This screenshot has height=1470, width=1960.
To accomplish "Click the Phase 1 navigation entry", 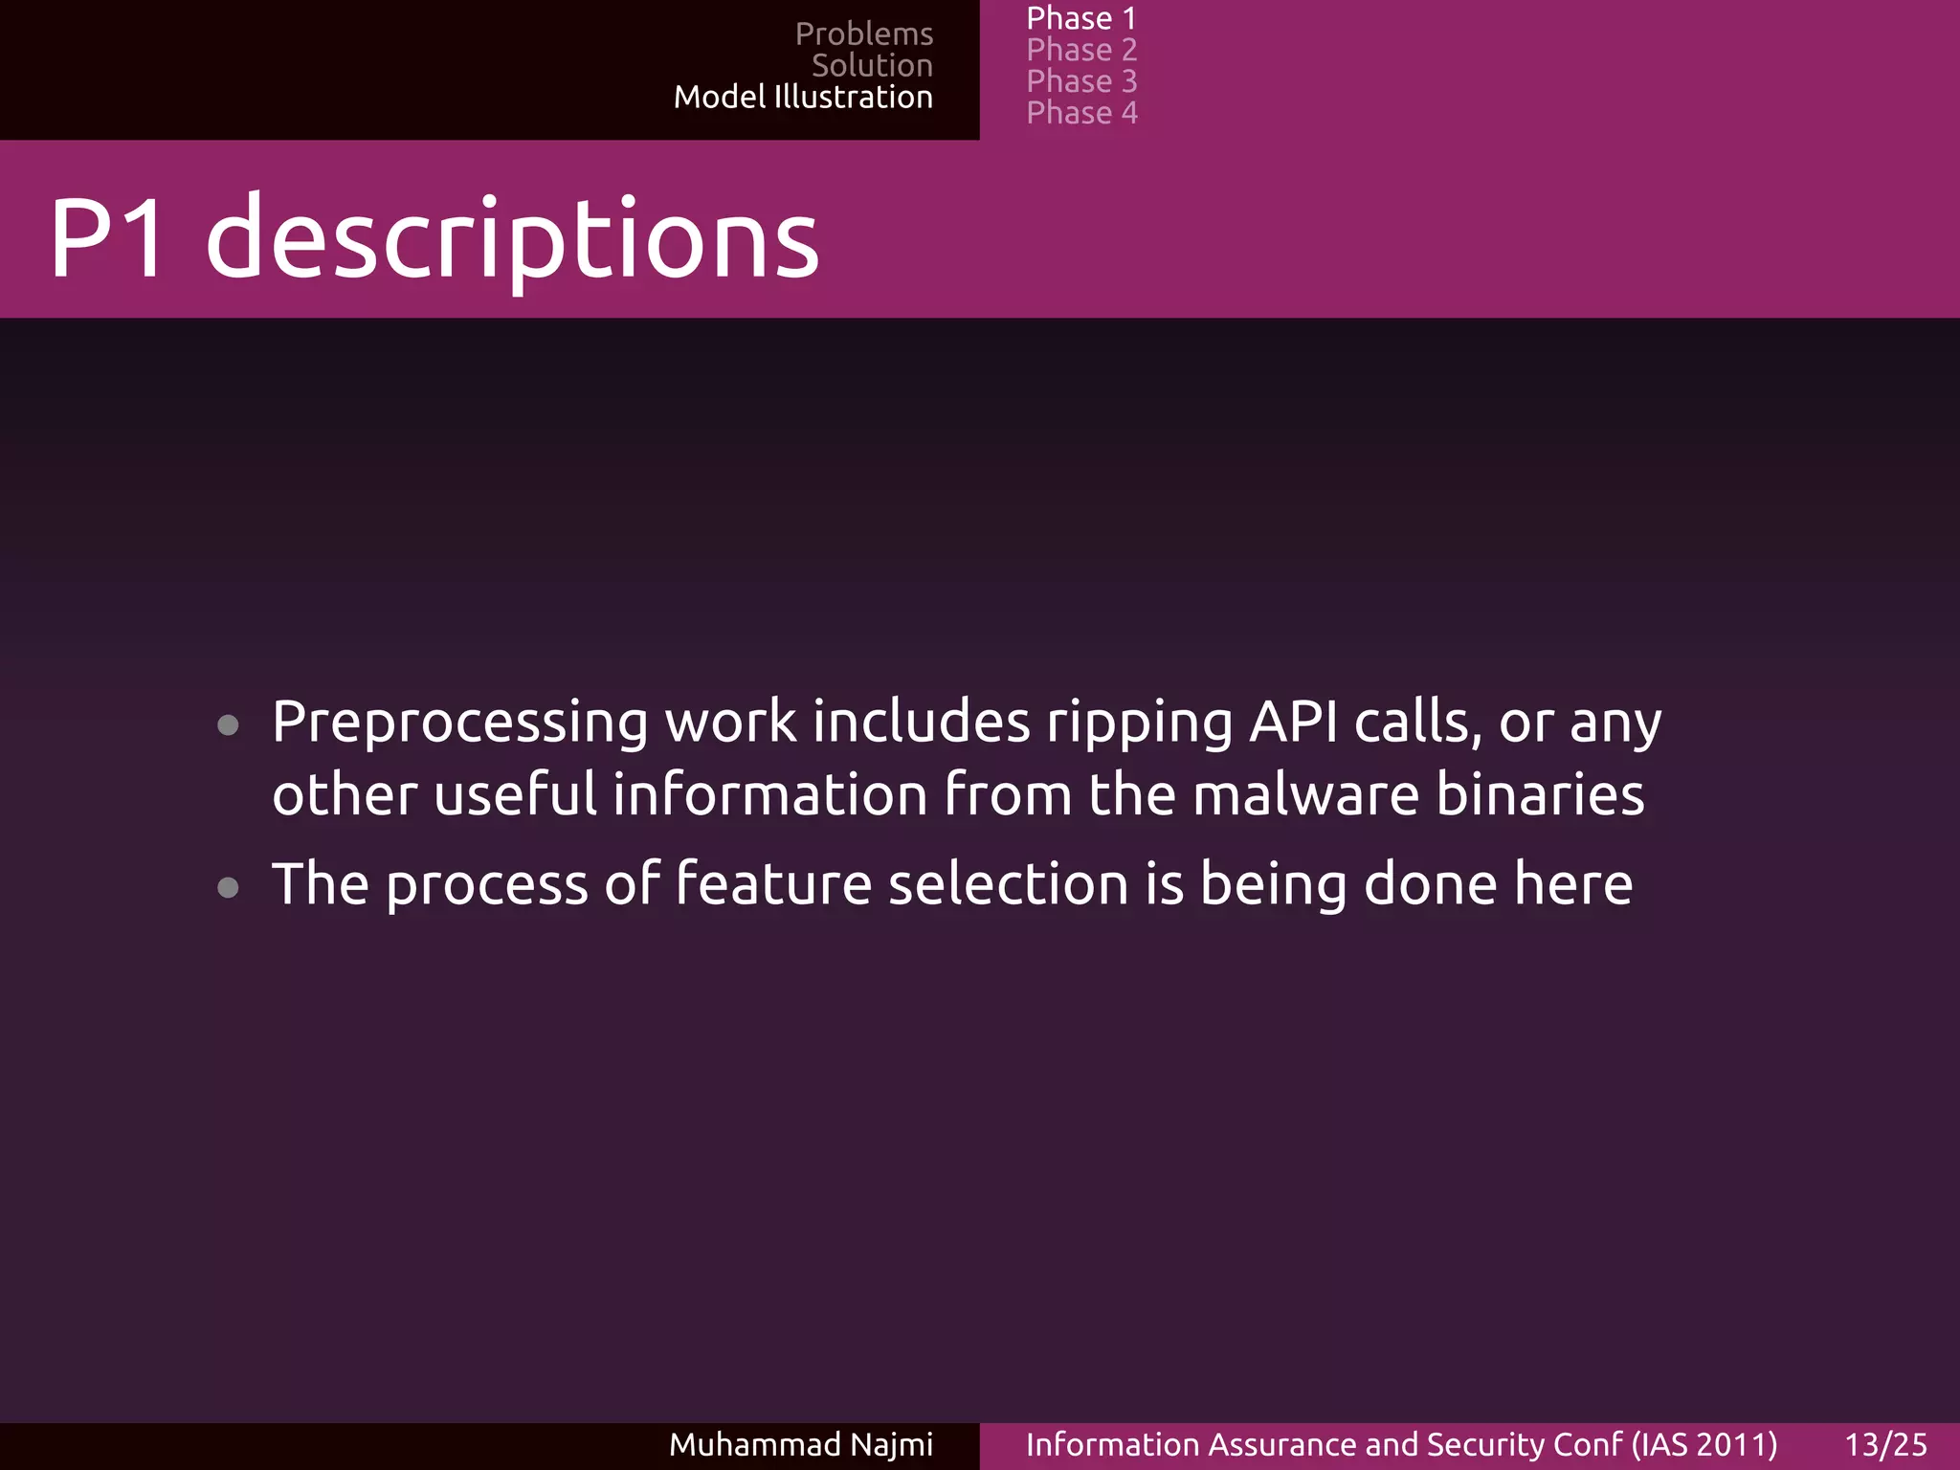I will [1080, 18].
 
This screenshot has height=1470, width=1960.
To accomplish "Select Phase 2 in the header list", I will [1080, 50].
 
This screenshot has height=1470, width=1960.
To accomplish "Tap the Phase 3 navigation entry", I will [1080, 81].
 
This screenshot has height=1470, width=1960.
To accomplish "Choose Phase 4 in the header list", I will [1080, 113].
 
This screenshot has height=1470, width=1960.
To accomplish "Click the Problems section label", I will [863, 33].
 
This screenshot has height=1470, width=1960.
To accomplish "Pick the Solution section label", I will [871, 65].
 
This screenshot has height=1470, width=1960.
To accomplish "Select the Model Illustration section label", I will [802, 97].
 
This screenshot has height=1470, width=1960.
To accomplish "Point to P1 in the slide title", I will [107, 239].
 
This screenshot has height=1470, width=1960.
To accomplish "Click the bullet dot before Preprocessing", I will [228, 725].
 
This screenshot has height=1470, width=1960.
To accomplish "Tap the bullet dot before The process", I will [228, 887].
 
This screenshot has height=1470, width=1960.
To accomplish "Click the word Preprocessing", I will [459, 724].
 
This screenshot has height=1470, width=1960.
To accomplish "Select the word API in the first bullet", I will [1293, 722].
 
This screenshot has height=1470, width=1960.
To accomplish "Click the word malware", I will [1305, 795].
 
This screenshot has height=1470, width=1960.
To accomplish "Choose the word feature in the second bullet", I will [773, 883].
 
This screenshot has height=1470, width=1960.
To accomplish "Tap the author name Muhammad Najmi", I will [800, 1444].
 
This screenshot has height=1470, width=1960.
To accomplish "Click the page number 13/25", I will [1885, 1444].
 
